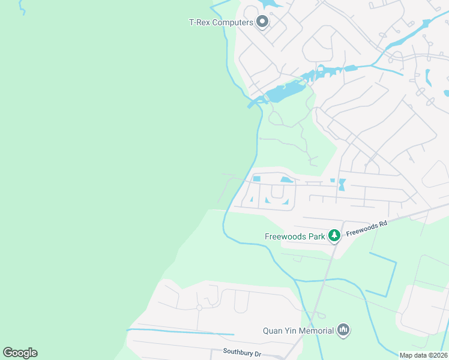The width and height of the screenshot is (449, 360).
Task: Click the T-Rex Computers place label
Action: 221,23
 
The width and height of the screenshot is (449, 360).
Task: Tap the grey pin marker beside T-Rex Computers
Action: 262,22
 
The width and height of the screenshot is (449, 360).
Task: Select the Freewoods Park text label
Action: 295,236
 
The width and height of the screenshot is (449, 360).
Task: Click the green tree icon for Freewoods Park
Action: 334,236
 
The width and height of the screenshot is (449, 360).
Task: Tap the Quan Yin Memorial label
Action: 298,330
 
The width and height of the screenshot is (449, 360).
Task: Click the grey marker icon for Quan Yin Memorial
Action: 343,329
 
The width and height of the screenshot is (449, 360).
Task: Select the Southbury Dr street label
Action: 242,353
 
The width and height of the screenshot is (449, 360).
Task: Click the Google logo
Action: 20,353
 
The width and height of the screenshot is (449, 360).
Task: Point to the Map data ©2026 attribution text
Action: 423,355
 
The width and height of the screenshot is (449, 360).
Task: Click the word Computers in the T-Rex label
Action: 233,23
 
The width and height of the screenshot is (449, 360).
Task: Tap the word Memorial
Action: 316,330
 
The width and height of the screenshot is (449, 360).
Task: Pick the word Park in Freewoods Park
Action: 316,236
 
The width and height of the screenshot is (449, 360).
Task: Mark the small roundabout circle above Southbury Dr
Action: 199,308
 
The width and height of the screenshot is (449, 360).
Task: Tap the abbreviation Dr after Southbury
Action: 258,354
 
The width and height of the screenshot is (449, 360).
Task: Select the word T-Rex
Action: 199,23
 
